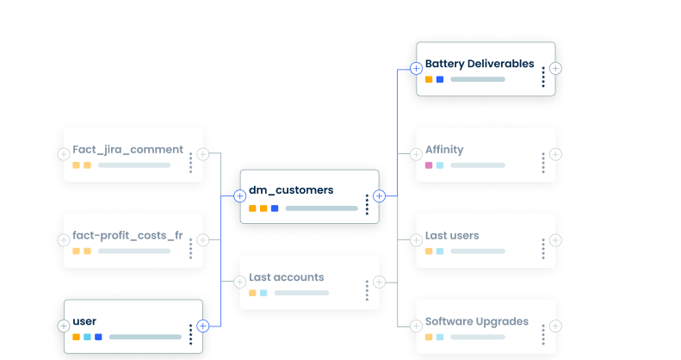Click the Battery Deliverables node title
pyautogui.click(x=479, y=64)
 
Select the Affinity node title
pyautogui.click(x=443, y=150)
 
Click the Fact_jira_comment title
pyautogui.click(x=127, y=149)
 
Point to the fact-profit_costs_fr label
pyautogui.click(x=127, y=235)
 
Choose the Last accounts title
pyautogui.click(x=286, y=277)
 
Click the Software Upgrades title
pyautogui.click(x=476, y=321)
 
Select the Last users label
pyautogui.click(x=451, y=235)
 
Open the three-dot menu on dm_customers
pyautogui.click(x=367, y=204)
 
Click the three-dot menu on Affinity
pyautogui.click(x=543, y=163)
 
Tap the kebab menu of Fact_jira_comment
pyautogui.click(x=190, y=163)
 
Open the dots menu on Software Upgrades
pyautogui.click(x=543, y=334)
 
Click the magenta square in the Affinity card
pyautogui.click(x=429, y=165)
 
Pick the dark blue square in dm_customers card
pyautogui.click(x=275, y=208)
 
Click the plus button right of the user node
pyautogui.click(x=203, y=326)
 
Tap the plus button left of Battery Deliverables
pyautogui.click(x=416, y=68)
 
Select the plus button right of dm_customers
pyautogui.click(x=379, y=196)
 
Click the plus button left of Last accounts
pyautogui.click(x=239, y=282)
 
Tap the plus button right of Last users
pyautogui.click(x=555, y=239)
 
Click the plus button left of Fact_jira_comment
pyautogui.click(x=63, y=154)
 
